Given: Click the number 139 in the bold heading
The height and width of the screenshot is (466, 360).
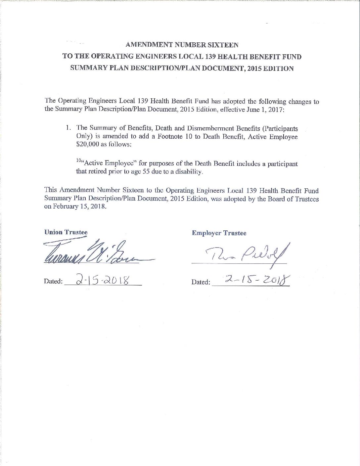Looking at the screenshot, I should (x=204, y=57).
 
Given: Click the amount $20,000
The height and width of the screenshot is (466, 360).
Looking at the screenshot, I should (x=87, y=145).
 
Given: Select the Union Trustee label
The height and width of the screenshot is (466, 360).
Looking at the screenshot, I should (x=66, y=232).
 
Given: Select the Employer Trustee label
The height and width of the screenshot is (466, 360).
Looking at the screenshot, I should (x=219, y=233).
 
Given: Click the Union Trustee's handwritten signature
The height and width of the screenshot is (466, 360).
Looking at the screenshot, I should (x=96, y=253).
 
